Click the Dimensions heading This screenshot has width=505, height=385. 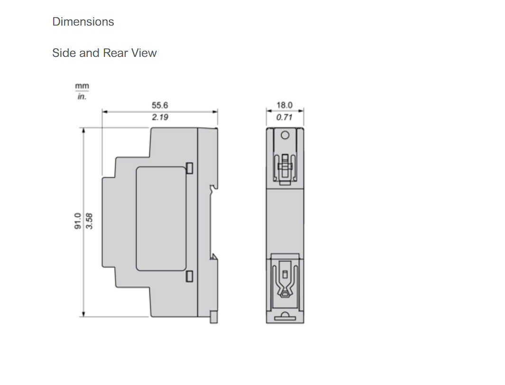click(83, 22)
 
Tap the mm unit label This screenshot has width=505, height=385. click(82, 86)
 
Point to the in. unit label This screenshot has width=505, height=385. click(82, 96)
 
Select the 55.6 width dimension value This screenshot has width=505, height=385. click(160, 105)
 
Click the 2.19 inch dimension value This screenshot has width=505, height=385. click(160, 117)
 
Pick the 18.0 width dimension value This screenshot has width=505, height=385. click(285, 105)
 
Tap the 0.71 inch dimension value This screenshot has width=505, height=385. click(285, 117)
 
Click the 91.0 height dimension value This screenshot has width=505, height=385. click(78, 221)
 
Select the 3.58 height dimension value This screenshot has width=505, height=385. click(90, 221)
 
